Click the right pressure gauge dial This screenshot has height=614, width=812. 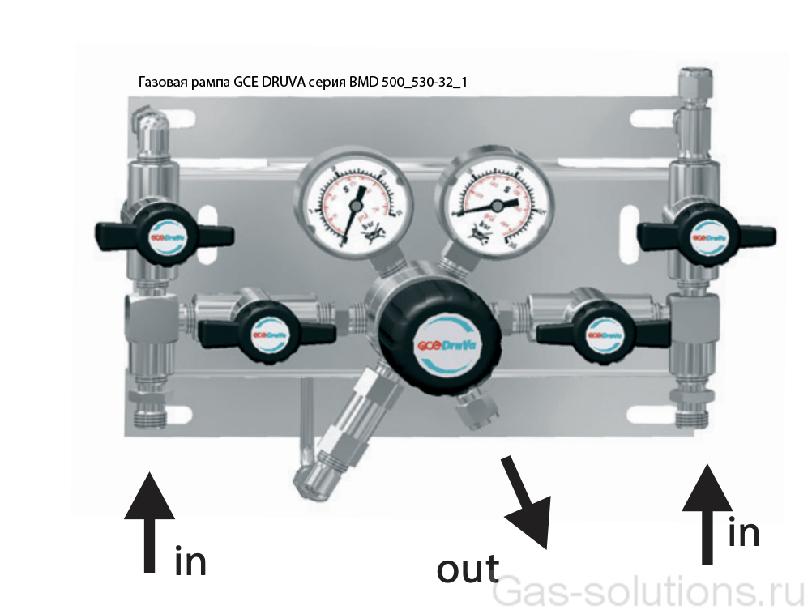pyautogui.click(x=494, y=203)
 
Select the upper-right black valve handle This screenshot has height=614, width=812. pyautogui.click(x=706, y=234)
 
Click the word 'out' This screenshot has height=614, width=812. pyautogui.click(x=468, y=568)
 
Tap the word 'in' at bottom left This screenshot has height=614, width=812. pyautogui.click(x=190, y=560)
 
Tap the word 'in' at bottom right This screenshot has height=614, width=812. pyautogui.click(x=743, y=531)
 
